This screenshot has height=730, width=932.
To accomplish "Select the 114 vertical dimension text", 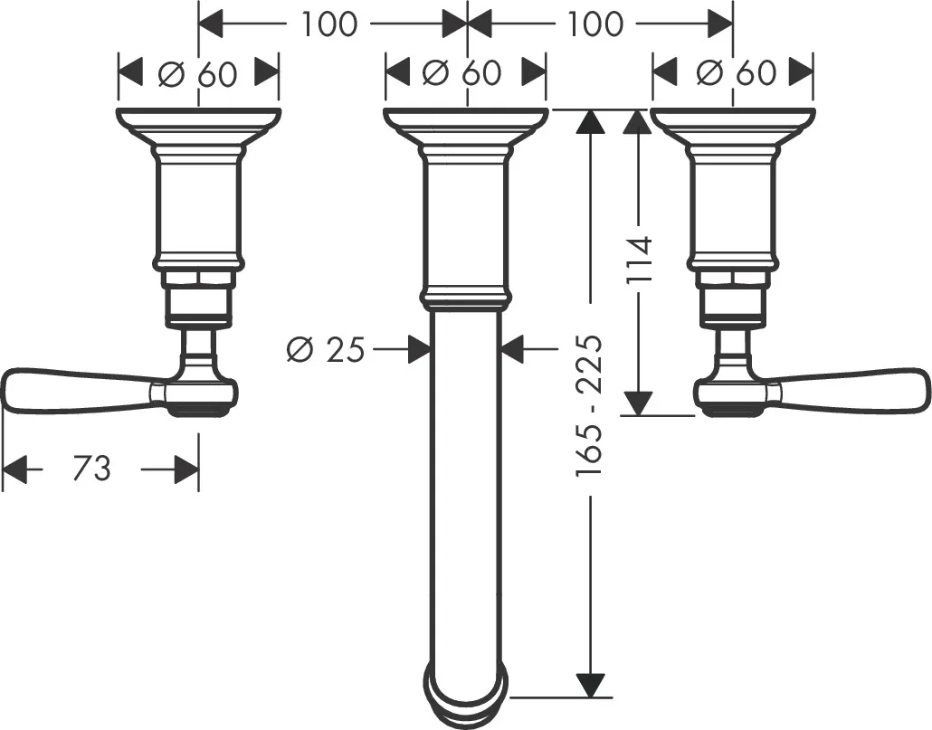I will pos(640,260).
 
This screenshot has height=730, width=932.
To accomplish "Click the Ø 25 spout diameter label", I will pos(326,348).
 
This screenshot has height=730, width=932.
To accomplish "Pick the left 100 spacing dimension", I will pos(329,24).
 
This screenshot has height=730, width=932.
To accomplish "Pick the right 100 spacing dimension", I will pos(595,24).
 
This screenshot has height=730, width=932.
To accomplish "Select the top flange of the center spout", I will pos(465,119).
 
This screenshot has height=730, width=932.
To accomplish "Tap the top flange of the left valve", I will pos(198,119).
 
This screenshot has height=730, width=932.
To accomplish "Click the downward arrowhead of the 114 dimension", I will pos(640,403).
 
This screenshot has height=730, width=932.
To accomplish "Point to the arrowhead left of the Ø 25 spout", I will pos(417,349).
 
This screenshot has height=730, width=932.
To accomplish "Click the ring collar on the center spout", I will pos(463,298).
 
